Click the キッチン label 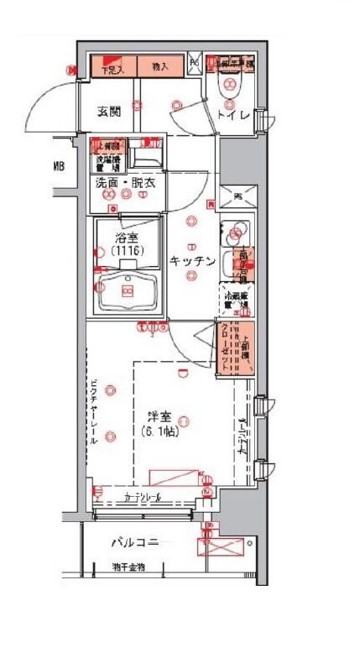point(192,261)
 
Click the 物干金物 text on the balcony point(130,568)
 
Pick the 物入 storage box point(159,66)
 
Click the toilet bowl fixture point(228,86)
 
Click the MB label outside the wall point(59,166)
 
